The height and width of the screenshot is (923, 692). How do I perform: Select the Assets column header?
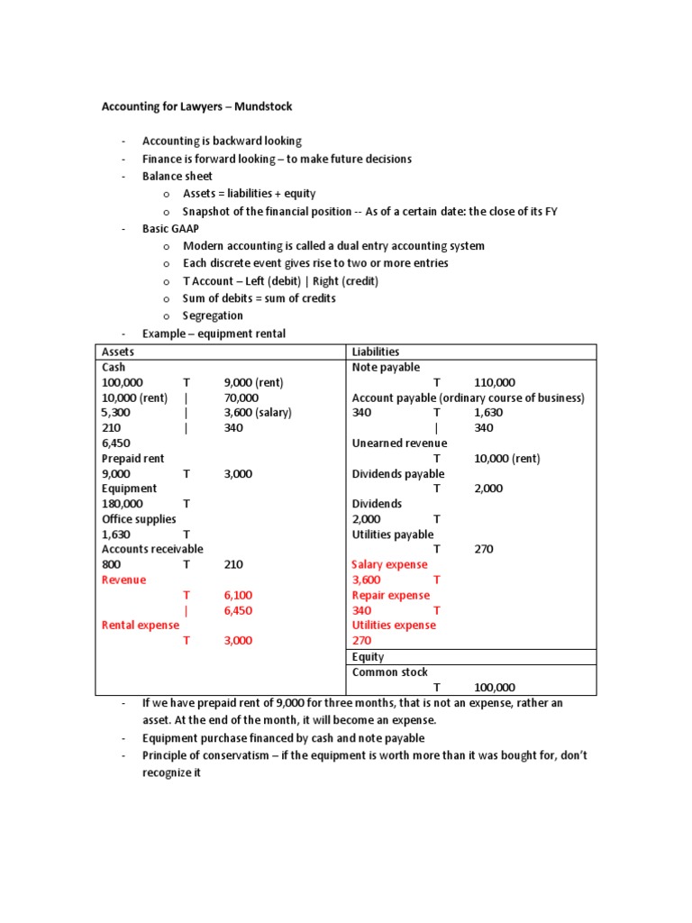pos(118,352)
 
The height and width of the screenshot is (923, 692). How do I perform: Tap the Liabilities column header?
pos(376,352)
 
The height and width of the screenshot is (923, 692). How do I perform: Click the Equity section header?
pos(368,657)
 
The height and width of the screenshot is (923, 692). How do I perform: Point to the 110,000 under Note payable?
pos(495,382)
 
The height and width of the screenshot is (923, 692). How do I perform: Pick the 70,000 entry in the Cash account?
pos(241,398)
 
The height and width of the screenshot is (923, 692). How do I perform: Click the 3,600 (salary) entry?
pos(258,413)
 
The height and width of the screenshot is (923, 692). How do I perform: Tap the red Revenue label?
pos(123,580)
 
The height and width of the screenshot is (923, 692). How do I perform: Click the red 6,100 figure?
pos(238,595)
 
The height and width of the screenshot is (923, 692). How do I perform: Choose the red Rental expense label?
pos(140,625)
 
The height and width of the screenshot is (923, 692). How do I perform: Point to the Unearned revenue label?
pos(399,443)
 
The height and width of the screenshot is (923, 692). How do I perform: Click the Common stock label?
pos(390,672)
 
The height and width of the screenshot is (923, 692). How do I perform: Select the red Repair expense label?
pos(390,595)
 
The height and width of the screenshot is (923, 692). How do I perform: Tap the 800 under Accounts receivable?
pos(111,564)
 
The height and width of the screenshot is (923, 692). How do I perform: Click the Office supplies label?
pos(139,519)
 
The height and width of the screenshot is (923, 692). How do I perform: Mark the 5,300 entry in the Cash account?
pos(117,413)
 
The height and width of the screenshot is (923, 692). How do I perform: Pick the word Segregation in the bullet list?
pos(213,315)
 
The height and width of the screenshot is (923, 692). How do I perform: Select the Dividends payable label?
pos(397,473)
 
